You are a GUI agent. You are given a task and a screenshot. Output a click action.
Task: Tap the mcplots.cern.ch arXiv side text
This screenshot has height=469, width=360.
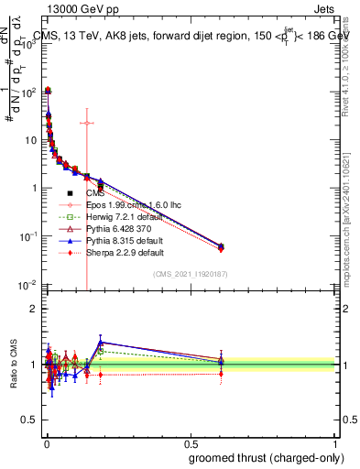click(x=352, y=211)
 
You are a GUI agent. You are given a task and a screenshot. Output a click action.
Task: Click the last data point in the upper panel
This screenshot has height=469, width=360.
click(x=221, y=245)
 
